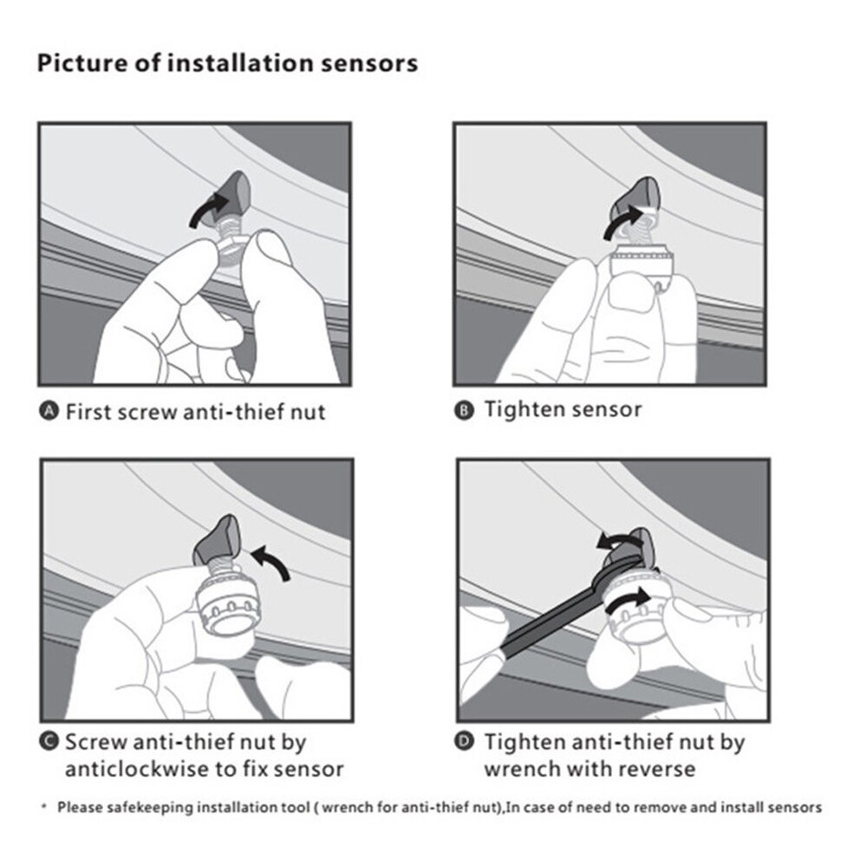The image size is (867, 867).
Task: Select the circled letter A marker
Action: (x=49, y=411)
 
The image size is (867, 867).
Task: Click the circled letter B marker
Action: (x=464, y=410)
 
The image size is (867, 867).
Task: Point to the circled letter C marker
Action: (x=49, y=741)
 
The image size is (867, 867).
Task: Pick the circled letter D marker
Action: (x=464, y=741)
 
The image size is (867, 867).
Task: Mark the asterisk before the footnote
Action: (x=44, y=806)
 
